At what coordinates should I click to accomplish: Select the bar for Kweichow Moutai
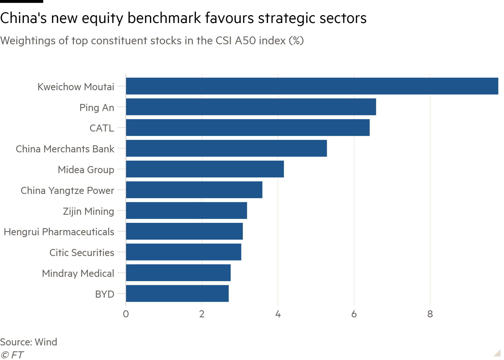(312, 86)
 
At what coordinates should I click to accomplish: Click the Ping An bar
(251, 107)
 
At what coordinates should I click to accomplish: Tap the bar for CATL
(248, 128)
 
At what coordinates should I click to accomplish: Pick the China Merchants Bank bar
(226, 148)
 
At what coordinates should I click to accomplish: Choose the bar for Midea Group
(205, 169)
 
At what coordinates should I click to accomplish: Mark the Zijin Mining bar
(186, 211)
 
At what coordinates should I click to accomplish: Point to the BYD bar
(177, 294)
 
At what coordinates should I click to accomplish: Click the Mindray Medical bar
(178, 273)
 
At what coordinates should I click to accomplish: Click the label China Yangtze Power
(67, 190)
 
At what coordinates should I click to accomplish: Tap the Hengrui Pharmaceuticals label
(59, 232)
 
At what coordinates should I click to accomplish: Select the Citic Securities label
(82, 253)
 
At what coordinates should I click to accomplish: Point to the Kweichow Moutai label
(76, 87)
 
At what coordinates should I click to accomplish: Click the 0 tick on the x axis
(126, 314)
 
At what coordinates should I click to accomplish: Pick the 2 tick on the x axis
(202, 314)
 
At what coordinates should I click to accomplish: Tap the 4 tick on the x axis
(278, 314)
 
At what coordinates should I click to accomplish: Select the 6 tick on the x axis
(354, 314)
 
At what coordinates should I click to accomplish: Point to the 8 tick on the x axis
(430, 314)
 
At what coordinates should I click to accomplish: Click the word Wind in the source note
(46, 342)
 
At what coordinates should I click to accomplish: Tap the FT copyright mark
(12, 355)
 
